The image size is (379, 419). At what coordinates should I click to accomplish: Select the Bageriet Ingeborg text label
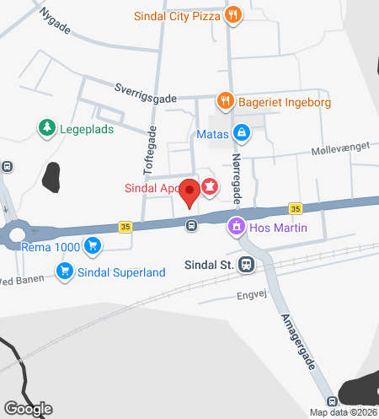point(283,102)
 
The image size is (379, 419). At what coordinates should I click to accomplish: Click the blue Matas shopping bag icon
point(242,133)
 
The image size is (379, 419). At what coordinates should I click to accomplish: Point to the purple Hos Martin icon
point(237,227)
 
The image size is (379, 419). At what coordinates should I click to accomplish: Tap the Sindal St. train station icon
point(246,264)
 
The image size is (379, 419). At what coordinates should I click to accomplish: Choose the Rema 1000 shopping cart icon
point(93,246)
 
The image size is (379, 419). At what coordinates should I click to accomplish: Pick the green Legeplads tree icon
point(46,128)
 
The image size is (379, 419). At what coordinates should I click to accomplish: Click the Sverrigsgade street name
point(145,92)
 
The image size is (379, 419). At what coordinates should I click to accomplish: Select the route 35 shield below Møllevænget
point(295,208)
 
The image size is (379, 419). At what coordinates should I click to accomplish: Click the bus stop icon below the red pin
point(192,225)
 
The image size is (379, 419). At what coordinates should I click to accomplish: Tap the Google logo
point(27,409)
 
